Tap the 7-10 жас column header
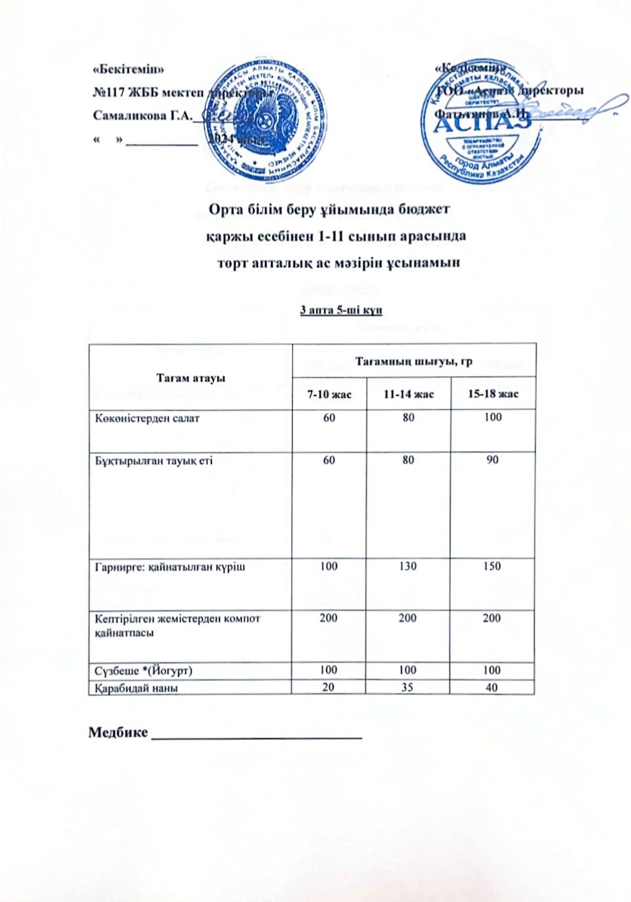[330, 394]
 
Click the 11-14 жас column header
[408, 394]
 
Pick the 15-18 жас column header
[492, 394]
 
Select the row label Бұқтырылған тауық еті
[153, 460]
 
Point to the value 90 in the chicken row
[492, 460]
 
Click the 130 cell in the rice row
[408, 566]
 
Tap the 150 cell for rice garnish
[492, 566]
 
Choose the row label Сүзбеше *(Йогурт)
[143, 670]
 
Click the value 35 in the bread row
[408, 687]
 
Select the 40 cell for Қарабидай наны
[492, 687]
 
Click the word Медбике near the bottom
[118, 731]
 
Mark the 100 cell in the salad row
[492, 418]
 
